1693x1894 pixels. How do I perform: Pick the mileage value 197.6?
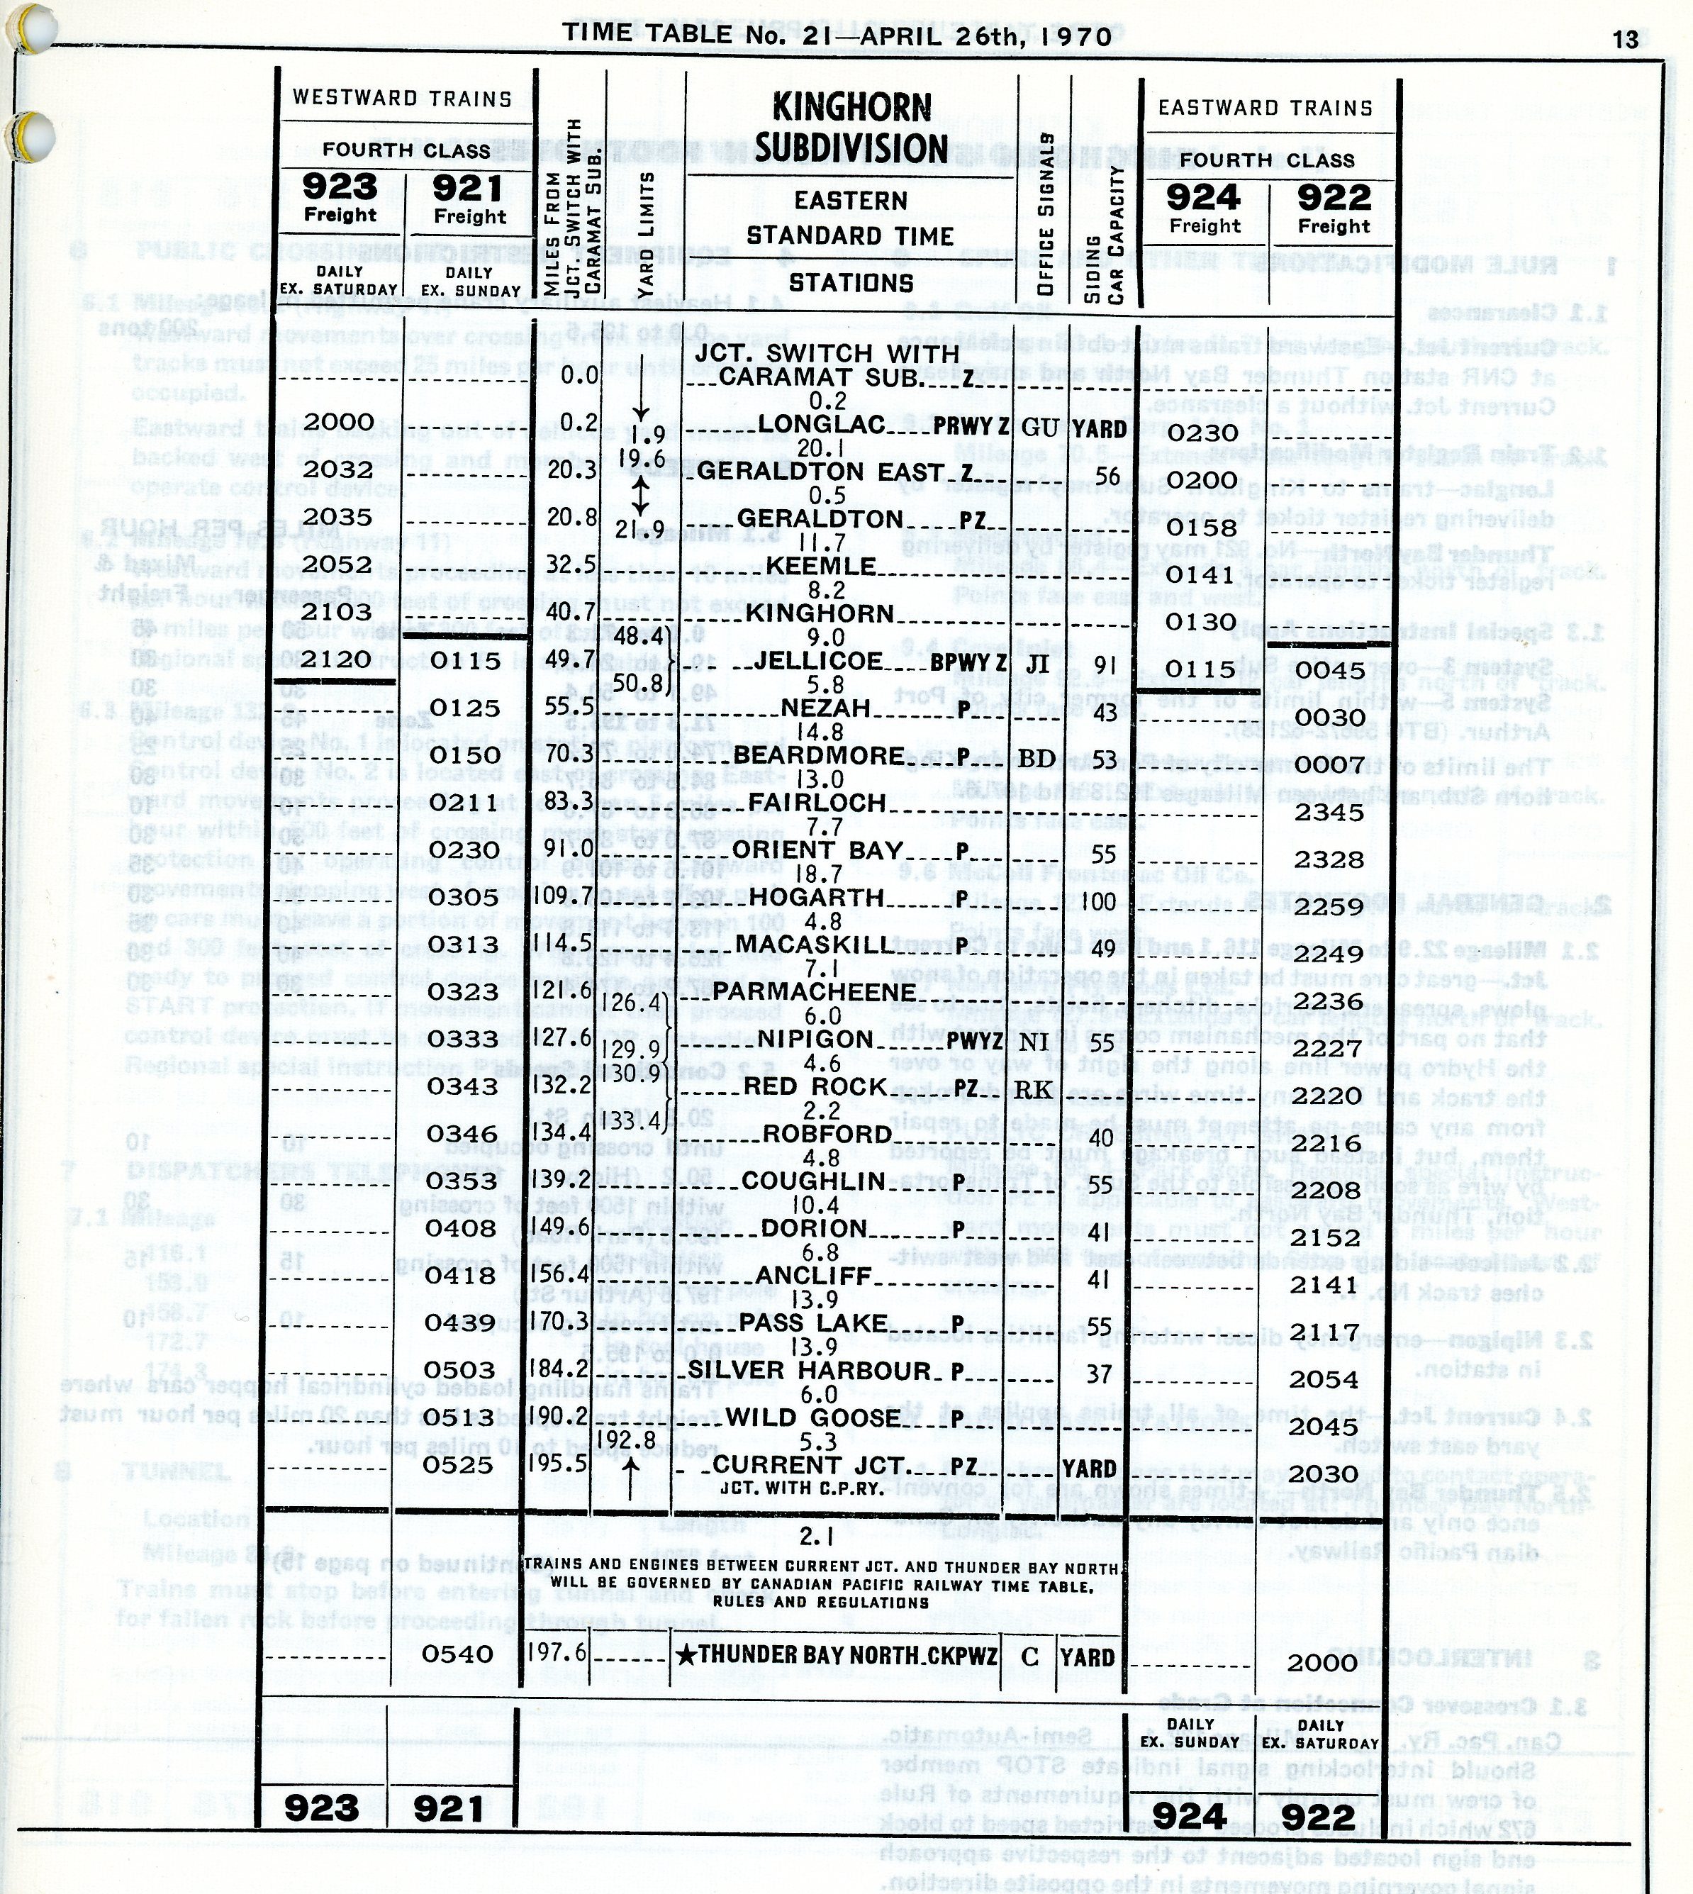tap(557, 1653)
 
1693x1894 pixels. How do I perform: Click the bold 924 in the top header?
tap(1204, 197)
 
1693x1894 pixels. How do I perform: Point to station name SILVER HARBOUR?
tap(808, 1369)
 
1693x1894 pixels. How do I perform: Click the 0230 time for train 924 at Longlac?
tap(1204, 433)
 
